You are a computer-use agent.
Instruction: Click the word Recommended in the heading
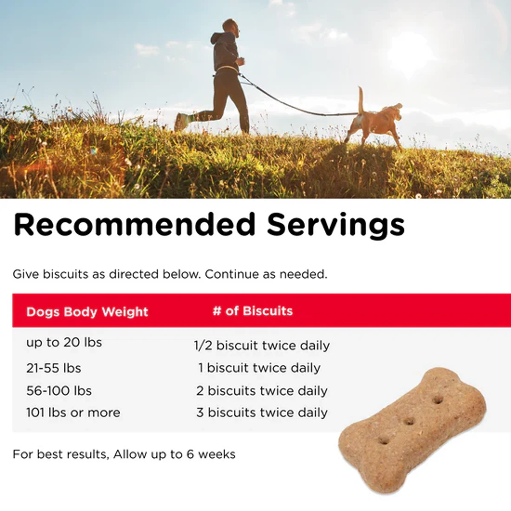[x=134, y=224]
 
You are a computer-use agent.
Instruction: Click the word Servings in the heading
[x=336, y=226]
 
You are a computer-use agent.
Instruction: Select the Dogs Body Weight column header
[x=87, y=312]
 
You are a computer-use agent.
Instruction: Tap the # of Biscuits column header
[x=253, y=311]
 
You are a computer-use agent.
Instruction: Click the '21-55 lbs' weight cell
[x=54, y=368]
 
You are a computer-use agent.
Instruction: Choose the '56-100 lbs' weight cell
[x=59, y=390]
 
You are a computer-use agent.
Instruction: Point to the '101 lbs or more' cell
[x=73, y=413]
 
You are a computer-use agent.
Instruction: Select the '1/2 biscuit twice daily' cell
[x=262, y=345]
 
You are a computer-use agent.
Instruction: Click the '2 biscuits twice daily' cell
[x=262, y=390]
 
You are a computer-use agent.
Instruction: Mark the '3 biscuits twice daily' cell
[x=262, y=413]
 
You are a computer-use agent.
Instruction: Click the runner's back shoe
[x=180, y=122]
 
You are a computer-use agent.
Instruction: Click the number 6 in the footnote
[x=190, y=454]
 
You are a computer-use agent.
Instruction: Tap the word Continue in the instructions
[x=231, y=274]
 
